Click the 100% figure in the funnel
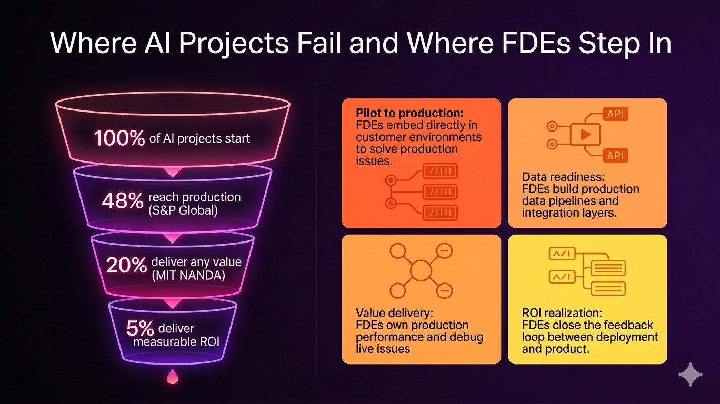tap(119, 138)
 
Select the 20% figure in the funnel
tap(126, 265)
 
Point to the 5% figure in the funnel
tap(140, 328)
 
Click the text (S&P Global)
tap(182, 211)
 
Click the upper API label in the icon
tap(615, 114)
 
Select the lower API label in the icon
tap(615, 155)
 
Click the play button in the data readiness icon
tap(584, 135)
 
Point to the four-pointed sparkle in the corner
tap(690, 375)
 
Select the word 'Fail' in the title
tap(322, 43)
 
